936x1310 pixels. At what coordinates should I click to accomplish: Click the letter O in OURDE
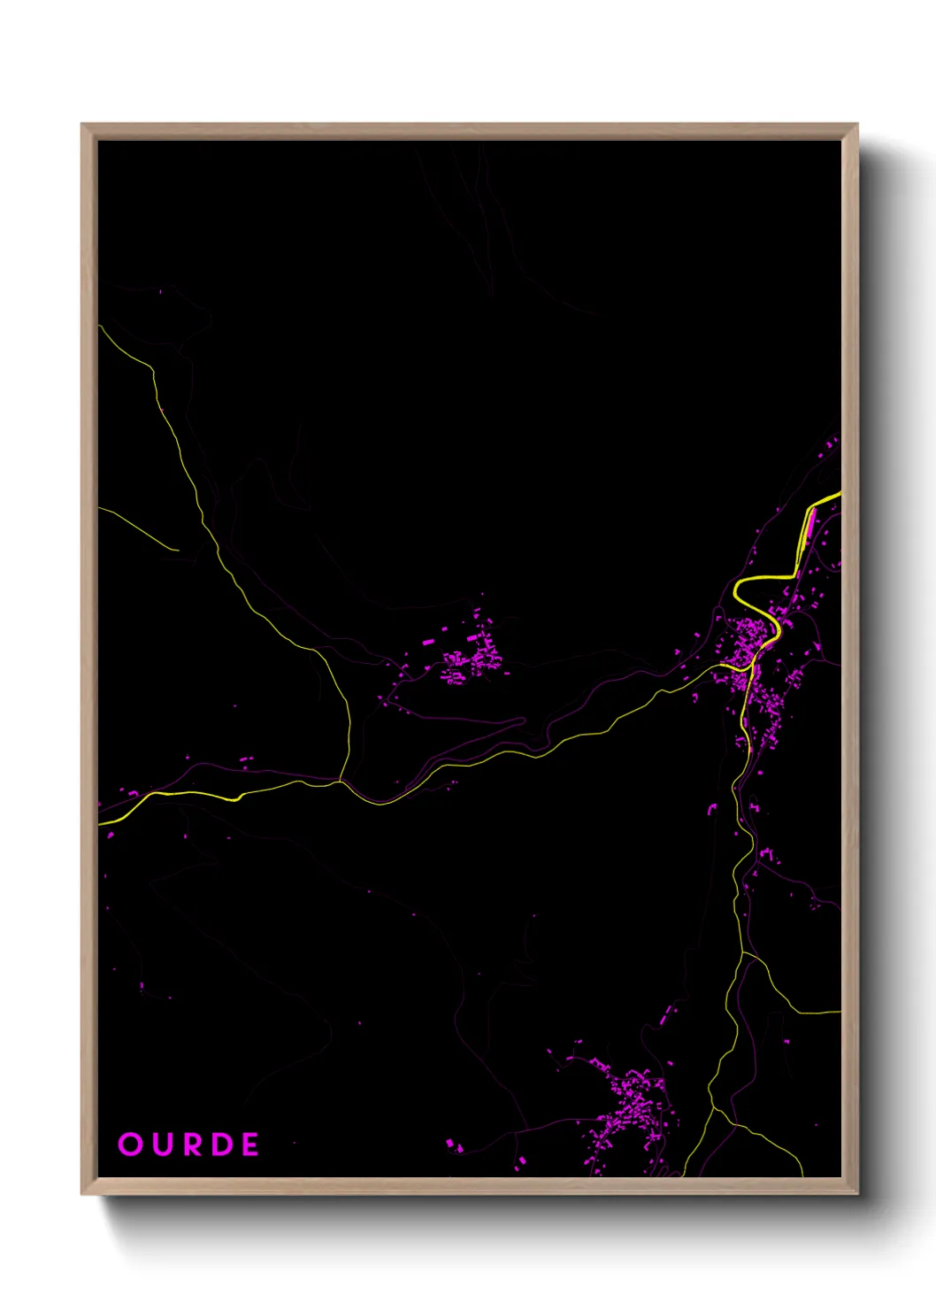click(x=130, y=1144)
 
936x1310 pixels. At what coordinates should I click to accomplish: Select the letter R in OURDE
click(x=191, y=1144)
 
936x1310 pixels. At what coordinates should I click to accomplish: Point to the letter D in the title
click(x=221, y=1144)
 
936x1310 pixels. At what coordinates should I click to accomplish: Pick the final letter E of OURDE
click(x=249, y=1144)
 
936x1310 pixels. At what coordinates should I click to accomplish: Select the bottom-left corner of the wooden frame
click(x=82, y=1194)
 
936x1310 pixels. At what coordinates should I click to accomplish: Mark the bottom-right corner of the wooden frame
click(x=856, y=1194)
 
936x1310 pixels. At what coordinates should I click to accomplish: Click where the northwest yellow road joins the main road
click(x=341, y=781)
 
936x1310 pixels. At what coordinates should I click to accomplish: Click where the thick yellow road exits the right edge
click(x=839, y=496)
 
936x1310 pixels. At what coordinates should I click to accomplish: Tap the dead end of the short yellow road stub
click(x=178, y=551)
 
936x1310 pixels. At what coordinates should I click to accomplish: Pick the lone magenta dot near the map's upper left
click(x=160, y=291)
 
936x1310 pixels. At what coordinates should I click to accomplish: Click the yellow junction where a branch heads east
click(x=744, y=954)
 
